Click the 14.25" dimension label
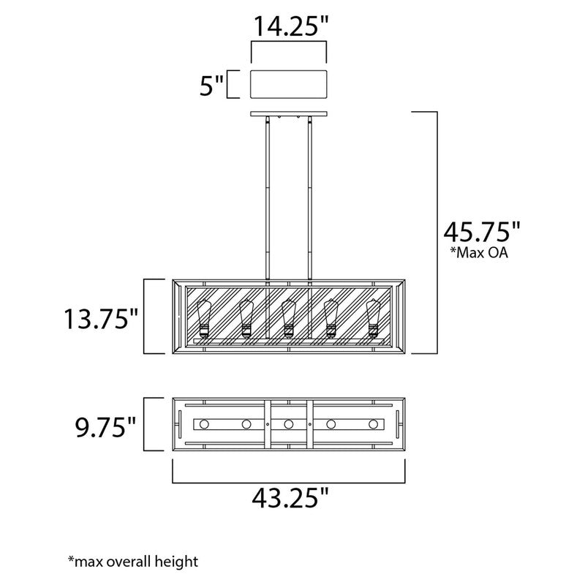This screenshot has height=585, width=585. click(290, 26)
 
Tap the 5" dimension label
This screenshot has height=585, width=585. click(211, 86)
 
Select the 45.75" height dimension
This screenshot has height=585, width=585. click(482, 232)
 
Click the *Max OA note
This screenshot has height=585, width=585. click(479, 252)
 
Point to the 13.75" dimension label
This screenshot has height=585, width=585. click(101, 319)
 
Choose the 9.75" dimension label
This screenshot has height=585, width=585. click(106, 427)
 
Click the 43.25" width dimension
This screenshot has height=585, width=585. click(290, 498)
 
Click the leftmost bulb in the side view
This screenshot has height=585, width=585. click(204, 319)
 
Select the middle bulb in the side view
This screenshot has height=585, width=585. click(288, 319)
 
